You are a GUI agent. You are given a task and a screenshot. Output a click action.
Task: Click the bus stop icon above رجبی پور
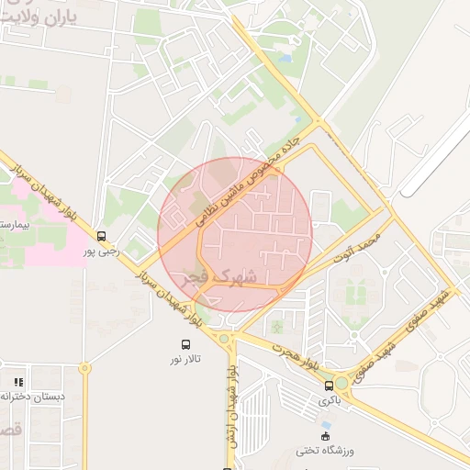(101, 236)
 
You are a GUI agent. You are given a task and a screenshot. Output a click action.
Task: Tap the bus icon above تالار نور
(186, 344)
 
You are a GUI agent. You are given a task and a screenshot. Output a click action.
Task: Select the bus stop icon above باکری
(330, 386)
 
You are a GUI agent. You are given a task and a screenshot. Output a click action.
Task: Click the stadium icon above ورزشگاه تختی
(324, 435)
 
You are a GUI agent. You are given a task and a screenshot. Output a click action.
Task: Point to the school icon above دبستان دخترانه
(18, 381)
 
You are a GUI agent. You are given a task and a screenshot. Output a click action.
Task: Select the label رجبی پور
(102, 251)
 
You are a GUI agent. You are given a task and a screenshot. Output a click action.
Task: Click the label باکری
(329, 400)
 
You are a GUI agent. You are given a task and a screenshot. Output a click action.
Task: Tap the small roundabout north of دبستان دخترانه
(85, 369)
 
